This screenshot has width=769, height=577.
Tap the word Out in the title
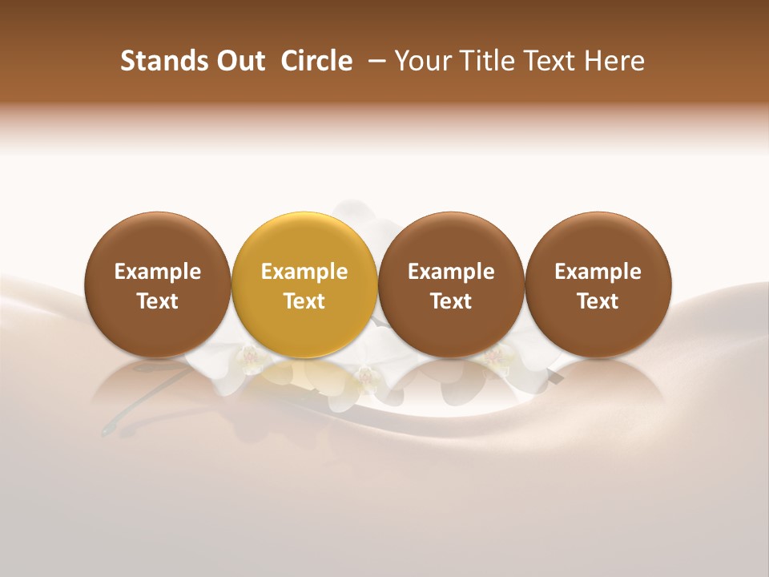click(239, 61)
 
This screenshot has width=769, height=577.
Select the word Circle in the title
click(316, 61)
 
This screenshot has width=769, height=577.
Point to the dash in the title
click(373, 61)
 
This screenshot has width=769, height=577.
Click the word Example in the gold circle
click(304, 272)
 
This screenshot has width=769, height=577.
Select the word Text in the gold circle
click(304, 301)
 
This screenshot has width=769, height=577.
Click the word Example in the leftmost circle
click(158, 272)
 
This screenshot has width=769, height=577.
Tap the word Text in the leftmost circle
click(158, 301)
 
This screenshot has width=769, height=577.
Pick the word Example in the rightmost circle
click(598, 272)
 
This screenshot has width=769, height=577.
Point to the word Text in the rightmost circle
click(598, 301)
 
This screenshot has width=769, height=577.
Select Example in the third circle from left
click(451, 272)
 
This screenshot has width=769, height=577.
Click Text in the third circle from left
click(451, 301)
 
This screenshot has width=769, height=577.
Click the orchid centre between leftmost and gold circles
click(251, 354)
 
